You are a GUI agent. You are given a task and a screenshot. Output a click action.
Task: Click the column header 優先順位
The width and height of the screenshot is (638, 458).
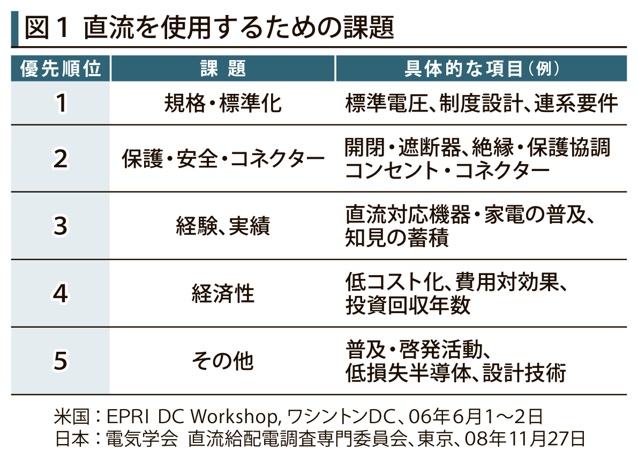[61, 69]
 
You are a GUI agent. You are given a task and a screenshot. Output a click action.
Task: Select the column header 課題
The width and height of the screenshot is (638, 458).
[223, 69]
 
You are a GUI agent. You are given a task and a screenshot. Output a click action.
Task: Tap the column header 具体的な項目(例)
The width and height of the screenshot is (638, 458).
[482, 69]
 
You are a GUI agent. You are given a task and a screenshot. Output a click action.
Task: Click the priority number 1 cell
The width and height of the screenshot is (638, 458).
[61, 103]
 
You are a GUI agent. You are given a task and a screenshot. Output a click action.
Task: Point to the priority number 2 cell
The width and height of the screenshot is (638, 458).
[61, 159]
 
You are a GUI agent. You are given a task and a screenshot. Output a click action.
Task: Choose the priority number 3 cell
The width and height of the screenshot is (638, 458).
[61, 226]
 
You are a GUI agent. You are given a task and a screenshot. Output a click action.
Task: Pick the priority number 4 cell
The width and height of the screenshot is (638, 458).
[61, 293]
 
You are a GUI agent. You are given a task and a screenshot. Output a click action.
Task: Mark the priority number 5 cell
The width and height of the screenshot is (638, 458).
[61, 360]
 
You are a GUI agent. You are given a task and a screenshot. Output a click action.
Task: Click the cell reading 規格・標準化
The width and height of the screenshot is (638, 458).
[223, 103]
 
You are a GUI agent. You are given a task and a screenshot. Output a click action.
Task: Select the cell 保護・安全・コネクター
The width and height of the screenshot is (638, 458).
[223, 159]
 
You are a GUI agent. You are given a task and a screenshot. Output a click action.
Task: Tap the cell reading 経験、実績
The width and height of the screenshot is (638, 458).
[223, 226]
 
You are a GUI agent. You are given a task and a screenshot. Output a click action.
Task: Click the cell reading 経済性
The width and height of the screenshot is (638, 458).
[223, 293]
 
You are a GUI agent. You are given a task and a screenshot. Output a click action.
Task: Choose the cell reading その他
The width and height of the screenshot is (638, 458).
[223, 360]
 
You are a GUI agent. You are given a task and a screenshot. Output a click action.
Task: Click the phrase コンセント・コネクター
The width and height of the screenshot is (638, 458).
[447, 171]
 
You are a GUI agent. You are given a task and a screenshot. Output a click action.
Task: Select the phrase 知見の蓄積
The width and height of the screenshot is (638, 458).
[397, 238]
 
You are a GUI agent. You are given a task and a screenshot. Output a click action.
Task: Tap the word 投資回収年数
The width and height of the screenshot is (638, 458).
[408, 305]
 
